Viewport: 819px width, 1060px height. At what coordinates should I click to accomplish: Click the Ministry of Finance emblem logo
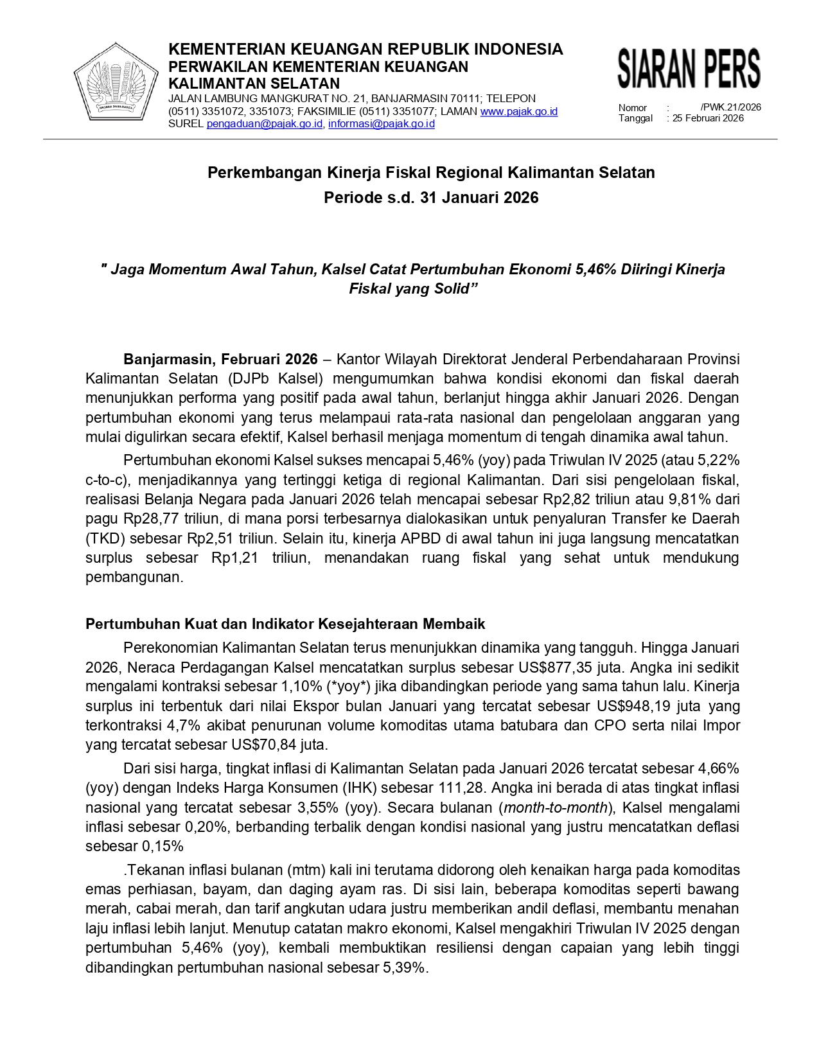point(116,81)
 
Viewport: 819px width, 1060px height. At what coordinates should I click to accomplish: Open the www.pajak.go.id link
point(518,111)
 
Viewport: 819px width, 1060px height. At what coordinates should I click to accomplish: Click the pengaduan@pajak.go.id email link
point(264,124)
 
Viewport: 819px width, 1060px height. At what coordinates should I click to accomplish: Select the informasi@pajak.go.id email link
point(381,124)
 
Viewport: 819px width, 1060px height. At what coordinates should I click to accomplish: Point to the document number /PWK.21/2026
point(730,107)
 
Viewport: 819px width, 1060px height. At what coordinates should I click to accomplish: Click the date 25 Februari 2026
point(708,118)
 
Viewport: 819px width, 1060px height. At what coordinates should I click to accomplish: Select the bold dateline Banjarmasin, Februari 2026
point(220,359)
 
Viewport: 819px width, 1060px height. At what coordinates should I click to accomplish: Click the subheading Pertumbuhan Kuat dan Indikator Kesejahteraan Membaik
point(285,624)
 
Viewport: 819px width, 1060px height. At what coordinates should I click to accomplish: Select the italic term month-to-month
point(556,808)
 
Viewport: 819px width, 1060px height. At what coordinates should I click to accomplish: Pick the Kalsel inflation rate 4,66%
point(718,768)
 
